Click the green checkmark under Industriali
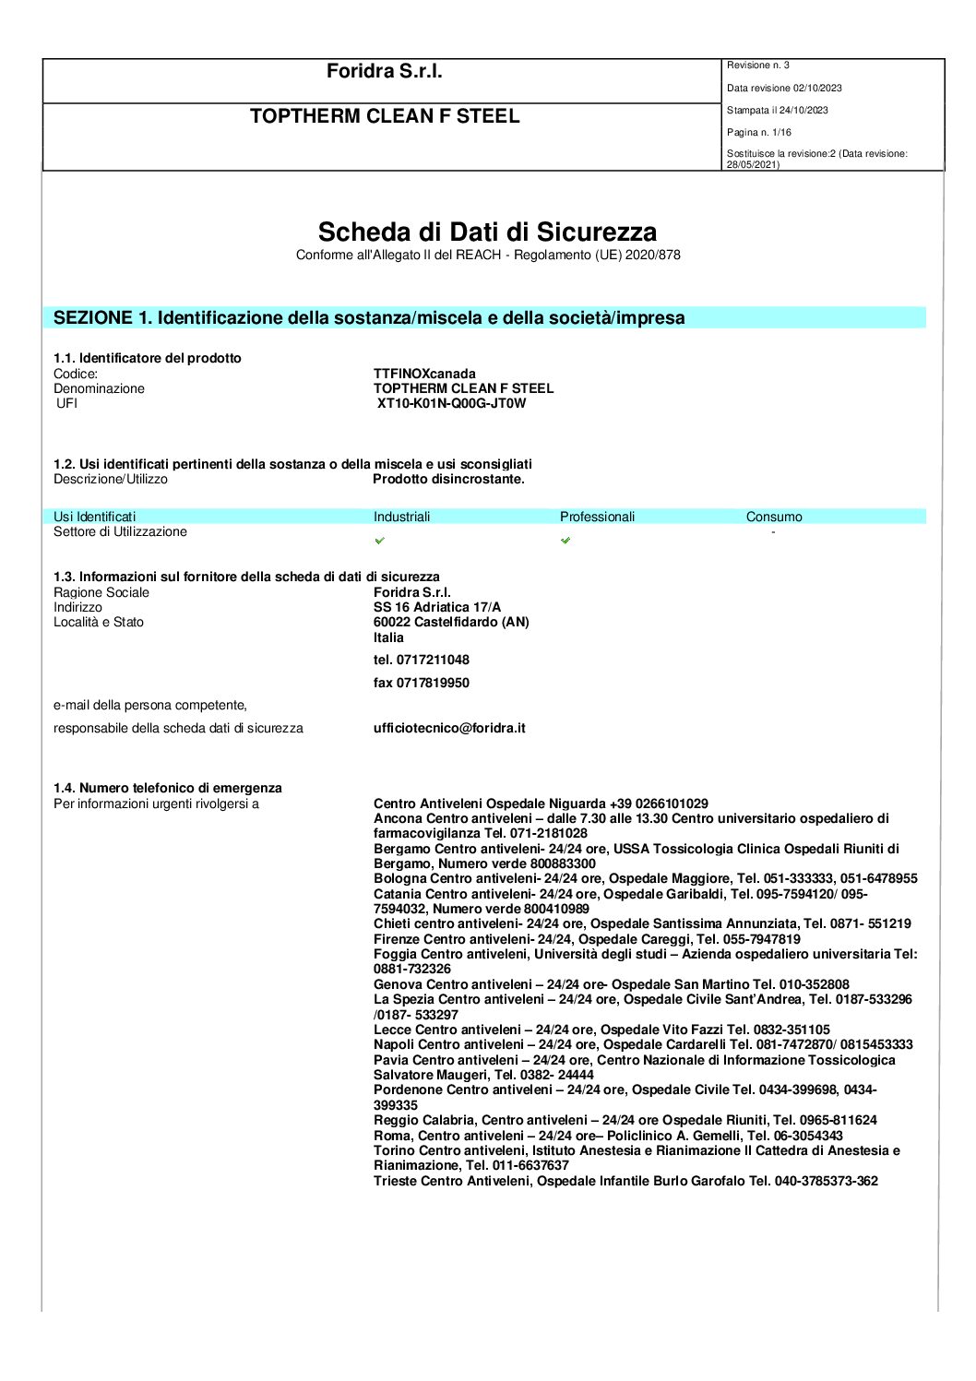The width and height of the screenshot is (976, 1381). [x=380, y=541]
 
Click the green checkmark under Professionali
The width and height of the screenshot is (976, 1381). [x=565, y=541]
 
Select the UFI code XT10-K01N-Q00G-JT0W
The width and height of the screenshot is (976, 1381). [x=451, y=403]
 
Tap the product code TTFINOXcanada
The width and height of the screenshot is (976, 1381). [x=424, y=374]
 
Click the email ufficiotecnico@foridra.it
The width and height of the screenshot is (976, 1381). [x=449, y=728]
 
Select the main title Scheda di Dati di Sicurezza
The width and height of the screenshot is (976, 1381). [x=487, y=232]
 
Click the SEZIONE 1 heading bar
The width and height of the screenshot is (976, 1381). [x=484, y=317]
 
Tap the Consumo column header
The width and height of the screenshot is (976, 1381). [x=774, y=517]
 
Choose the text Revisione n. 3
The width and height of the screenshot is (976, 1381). [x=758, y=65]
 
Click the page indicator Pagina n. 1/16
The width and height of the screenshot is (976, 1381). [x=759, y=133]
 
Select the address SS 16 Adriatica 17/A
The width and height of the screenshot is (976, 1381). [x=437, y=607]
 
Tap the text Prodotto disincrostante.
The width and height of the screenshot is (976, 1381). [x=448, y=479]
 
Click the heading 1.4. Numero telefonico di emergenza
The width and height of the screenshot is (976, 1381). [x=168, y=788]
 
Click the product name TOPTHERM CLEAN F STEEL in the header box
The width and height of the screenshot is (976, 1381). [x=385, y=116]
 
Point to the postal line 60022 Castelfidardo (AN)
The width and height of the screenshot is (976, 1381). [x=451, y=622]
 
